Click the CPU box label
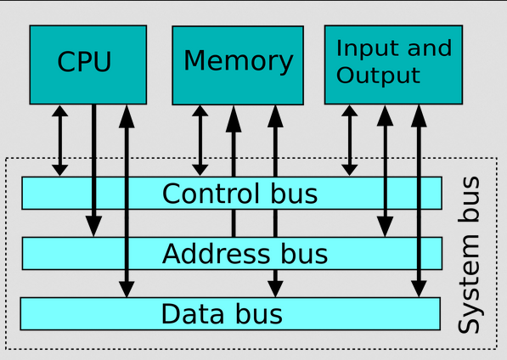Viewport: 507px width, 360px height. pyautogui.click(x=84, y=61)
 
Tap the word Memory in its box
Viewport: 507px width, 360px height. pyautogui.click(x=239, y=61)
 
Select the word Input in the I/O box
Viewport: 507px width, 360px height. pyautogui.click(x=364, y=48)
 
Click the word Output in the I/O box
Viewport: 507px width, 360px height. pyautogui.click(x=378, y=76)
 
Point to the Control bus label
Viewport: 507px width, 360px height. pyautogui.click(x=240, y=194)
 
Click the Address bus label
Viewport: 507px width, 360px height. pyautogui.click(x=245, y=254)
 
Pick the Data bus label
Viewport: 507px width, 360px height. pyautogui.click(x=222, y=314)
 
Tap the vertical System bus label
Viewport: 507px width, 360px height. pyautogui.click(x=469, y=255)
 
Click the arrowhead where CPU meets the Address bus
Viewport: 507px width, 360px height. pyautogui.click(x=93, y=226)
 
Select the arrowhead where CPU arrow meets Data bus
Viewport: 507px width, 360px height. pyautogui.click(x=127, y=289)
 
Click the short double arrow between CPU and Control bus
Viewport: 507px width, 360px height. pyautogui.click(x=59, y=141)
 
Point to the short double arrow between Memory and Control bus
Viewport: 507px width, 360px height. pyautogui.click(x=200, y=141)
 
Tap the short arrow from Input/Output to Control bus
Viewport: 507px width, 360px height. pyautogui.click(x=350, y=141)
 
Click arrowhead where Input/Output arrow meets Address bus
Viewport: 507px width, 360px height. pyautogui.click(x=385, y=227)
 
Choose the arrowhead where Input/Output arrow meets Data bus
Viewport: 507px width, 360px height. pyautogui.click(x=419, y=289)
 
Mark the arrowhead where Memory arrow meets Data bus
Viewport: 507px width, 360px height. pyautogui.click(x=275, y=289)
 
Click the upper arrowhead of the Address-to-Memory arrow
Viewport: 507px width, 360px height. pyautogui.click(x=234, y=119)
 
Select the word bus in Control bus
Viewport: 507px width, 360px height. pyautogui.click(x=294, y=194)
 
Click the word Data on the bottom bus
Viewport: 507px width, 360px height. pyautogui.click(x=192, y=314)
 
